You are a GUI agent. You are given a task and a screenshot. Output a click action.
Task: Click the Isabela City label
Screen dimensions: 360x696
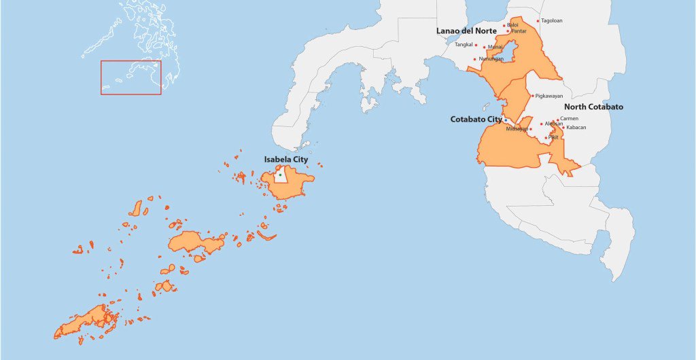(x=286, y=160)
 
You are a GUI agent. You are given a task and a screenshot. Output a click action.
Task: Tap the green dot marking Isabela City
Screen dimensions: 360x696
(x=280, y=175)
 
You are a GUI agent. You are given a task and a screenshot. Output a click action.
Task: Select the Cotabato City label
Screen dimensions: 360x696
(x=476, y=119)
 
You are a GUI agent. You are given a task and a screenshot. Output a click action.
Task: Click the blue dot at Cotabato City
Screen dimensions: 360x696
(x=505, y=120)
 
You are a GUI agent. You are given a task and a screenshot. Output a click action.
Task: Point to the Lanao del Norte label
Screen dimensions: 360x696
(x=466, y=31)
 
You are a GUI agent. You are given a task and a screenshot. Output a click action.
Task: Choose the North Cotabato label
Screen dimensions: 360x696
(x=593, y=107)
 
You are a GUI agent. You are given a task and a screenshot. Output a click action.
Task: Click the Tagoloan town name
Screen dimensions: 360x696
(x=552, y=21)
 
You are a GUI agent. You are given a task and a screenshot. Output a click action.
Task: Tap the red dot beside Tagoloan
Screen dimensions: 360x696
(x=538, y=21)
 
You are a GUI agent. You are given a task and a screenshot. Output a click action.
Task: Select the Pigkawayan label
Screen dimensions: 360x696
(x=549, y=96)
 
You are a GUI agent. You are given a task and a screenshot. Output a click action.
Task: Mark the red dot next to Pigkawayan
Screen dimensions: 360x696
(x=532, y=96)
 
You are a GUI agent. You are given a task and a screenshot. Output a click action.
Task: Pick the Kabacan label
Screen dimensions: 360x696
(x=576, y=128)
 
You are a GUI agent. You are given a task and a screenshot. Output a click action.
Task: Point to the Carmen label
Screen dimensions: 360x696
(x=570, y=119)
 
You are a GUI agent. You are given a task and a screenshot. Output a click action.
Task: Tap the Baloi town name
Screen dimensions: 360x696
(x=512, y=25)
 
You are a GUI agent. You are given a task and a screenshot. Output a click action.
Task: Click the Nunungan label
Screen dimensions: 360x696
(x=491, y=59)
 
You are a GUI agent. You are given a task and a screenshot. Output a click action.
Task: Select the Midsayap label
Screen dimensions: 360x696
(x=517, y=129)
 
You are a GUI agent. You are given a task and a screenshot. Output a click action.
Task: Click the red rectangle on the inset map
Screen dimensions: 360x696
(x=131, y=77)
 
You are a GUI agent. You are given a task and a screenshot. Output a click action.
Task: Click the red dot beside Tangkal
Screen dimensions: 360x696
(x=476, y=46)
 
